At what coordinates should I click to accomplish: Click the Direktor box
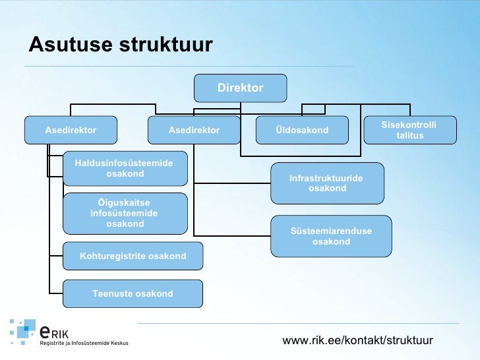[240, 88]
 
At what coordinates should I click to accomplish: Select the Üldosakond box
[301, 130]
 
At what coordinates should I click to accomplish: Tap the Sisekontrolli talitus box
[409, 130]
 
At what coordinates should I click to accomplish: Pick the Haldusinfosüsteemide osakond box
[125, 168]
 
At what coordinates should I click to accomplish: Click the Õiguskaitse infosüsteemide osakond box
[125, 213]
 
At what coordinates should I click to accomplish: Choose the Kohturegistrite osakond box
[133, 256]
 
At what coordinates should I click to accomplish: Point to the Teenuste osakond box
[133, 293]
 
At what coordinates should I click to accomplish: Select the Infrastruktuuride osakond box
[327, 183]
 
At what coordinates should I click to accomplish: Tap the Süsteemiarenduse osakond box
[331, 236]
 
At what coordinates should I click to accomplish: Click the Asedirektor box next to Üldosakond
[194, 130]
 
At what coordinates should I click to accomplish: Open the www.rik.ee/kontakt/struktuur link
[357, 340]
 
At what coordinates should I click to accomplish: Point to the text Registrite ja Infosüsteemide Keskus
[84, 343]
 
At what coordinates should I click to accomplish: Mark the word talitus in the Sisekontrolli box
[409, 136]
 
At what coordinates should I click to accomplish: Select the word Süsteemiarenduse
[331, 231]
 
